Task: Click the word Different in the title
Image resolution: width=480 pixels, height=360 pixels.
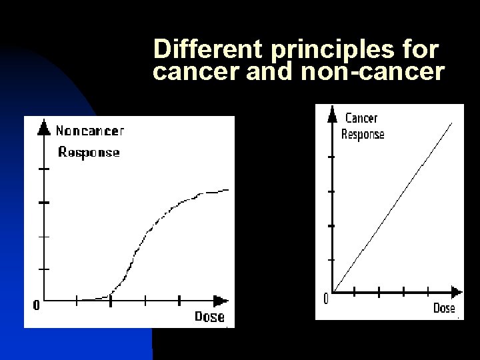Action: tap(194, 49)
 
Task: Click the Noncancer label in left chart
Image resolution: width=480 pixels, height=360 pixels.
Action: tap(89, 131)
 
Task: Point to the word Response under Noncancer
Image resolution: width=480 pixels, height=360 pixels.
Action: tap(89, 152)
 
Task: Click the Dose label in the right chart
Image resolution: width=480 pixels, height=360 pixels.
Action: tap(444, 308)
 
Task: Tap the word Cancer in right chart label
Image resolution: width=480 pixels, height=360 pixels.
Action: tap(361, 118)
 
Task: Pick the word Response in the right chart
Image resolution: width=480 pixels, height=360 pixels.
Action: tap(363, 134)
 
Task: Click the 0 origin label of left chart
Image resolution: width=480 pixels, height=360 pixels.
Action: tap(35, 306)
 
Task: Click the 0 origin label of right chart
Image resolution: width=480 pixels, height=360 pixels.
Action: tap(325, 299)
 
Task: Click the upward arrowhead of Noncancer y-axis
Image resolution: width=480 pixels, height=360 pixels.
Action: tap(44, 126)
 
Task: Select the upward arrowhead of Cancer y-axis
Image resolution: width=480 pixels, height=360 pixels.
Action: tap(331, 115)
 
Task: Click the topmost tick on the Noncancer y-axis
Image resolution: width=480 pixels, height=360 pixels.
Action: tap(44, 169)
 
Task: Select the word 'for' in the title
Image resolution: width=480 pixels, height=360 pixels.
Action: tap(421, 49)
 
